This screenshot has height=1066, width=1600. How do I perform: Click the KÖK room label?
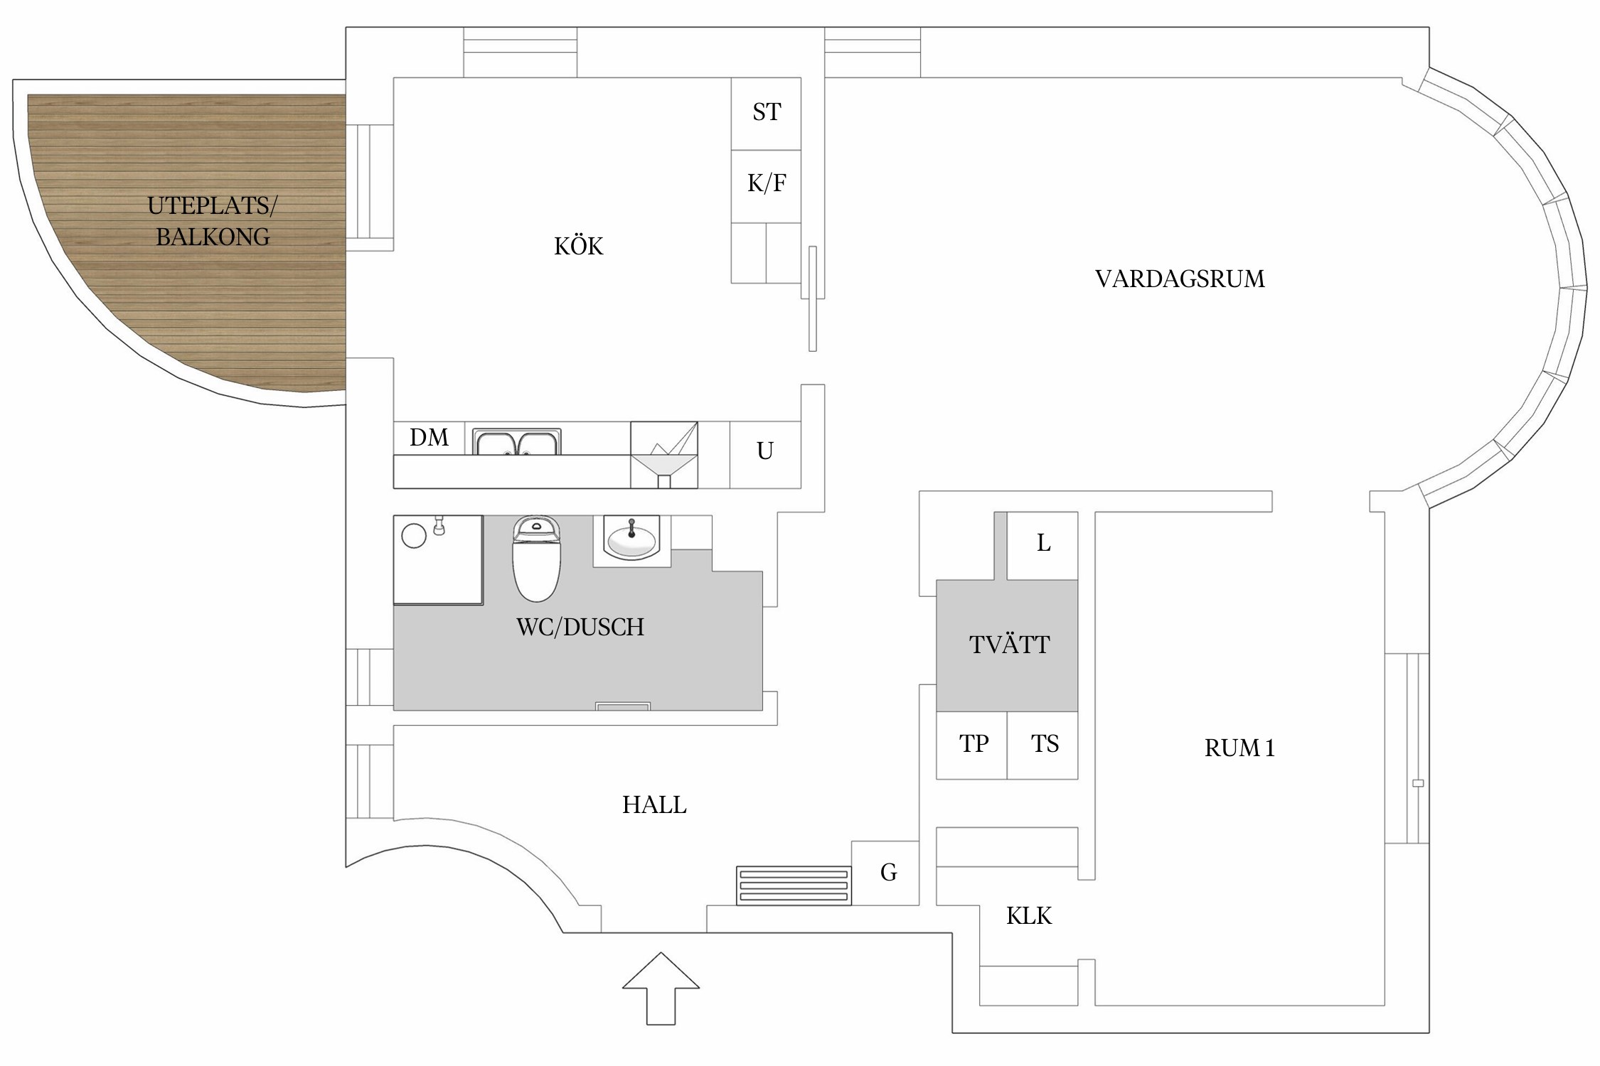[578, 246]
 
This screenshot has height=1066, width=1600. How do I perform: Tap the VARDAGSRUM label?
[1180, 279]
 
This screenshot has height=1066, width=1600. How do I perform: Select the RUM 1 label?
[1239, 748]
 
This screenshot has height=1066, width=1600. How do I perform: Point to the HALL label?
[654, 804]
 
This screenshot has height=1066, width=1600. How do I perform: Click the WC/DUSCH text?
[580, 627]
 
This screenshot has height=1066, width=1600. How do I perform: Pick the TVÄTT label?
[1009, 644]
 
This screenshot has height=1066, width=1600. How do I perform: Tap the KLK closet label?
[1028, 915]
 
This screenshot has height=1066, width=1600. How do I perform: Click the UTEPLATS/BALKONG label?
[213, 221]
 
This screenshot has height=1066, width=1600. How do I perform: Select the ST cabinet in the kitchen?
[767, 114]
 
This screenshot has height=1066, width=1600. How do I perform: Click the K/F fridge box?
[767, 186]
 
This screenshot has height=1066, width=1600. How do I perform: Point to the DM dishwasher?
[430, 438]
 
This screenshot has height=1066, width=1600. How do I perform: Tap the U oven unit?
[765, 455]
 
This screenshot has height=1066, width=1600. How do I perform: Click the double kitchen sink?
[517, 442]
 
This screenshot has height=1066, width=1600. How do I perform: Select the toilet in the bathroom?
[537, 559]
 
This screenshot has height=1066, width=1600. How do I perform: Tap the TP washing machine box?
[972, 745]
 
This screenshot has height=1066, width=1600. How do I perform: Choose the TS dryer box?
[1042, 745]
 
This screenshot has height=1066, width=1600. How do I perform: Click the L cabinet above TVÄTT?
[1042, 546]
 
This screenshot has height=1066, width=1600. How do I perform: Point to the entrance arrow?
[661, 989]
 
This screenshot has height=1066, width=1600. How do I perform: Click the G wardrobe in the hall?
[885, 873]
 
